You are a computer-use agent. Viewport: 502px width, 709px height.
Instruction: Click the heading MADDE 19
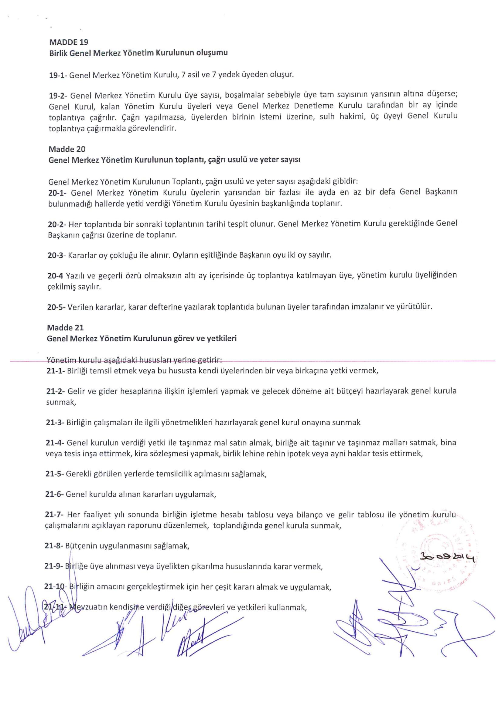(69, 42)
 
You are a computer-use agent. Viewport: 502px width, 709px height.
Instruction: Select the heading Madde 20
(67, 149)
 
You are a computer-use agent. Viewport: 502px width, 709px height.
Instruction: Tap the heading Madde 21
(65, 327)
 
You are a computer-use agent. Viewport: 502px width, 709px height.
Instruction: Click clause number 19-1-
(58, 75)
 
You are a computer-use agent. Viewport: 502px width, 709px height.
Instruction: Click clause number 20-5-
(56, 307)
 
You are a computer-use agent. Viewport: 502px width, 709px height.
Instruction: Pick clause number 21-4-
(55, 443)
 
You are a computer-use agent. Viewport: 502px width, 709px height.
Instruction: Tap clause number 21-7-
(55, 515)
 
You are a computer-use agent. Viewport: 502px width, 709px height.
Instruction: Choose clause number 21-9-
(54, 566)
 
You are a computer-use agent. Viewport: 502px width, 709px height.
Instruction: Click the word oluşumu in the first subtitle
(212, 52)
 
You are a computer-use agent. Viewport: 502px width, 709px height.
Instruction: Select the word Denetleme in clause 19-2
(313, 106)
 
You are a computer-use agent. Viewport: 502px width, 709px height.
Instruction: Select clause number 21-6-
(55, 494)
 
